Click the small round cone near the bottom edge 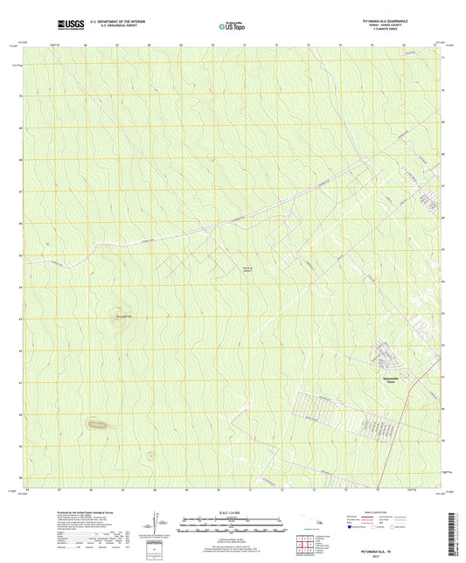pos(150,455)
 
